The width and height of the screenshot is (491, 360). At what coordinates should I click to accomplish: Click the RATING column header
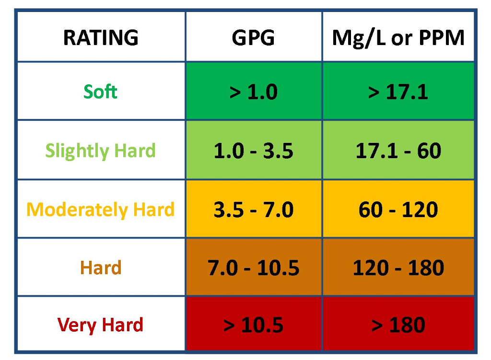click(x=101, y=37)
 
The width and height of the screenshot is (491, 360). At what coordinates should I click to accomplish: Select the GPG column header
click(x=253, y=37)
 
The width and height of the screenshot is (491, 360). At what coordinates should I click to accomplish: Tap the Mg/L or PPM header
click(x=398, y=37)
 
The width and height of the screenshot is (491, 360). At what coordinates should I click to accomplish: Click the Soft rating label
click(x=101, y=91)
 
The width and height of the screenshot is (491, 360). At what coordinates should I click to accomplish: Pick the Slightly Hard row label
click(x=101, y=151)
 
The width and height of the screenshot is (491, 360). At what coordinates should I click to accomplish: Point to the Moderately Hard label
click(x=101, y=209)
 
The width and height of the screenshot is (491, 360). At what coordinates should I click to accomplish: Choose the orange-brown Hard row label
click(x=101, y=267)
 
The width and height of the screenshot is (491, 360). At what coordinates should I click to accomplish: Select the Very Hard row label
click(x=101, y=325)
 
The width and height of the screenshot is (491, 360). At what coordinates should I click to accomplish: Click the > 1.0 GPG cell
click(x=253, y=92)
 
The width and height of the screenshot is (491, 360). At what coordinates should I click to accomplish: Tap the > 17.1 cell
click(x=398, y=92)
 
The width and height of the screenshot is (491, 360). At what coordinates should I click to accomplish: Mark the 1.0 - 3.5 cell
click(x=253, y=151)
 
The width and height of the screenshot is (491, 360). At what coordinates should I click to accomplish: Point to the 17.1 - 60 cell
click(x=398, y=151)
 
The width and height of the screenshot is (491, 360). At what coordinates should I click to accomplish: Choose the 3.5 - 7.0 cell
click(x=253, y=210)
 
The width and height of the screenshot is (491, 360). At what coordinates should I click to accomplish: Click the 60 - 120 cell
click(x=398, y=210)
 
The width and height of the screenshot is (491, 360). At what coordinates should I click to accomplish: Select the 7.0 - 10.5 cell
click(x=253, y=268)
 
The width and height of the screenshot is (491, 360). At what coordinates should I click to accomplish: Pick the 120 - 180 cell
click(x=398, y=268)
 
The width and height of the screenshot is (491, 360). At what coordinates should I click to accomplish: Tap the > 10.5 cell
click(x=253, y=325)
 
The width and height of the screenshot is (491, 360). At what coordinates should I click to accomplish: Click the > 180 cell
click(x=398, y=325)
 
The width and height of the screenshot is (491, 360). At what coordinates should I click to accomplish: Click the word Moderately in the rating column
click(x=71, y=209)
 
